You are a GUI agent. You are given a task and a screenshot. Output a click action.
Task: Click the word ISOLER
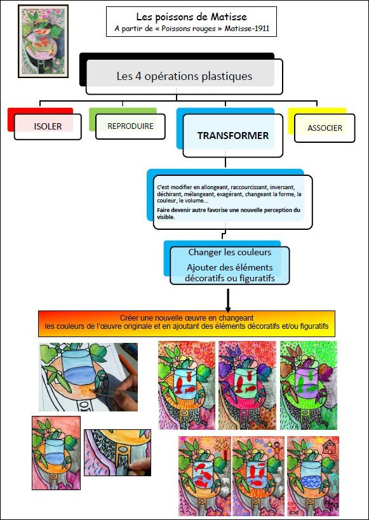pos(48,126)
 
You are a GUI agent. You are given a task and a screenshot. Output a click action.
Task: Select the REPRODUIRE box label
pos(130,126)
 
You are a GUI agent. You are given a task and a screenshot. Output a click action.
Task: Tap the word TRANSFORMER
pos(233,136)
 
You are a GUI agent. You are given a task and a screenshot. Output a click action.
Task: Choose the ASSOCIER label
pos(325,128)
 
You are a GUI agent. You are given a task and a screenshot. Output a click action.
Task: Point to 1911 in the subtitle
pos(262,29)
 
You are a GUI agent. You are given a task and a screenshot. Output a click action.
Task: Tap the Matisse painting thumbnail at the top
pos(43,41)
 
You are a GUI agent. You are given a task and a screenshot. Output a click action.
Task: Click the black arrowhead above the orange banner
pos(228,307)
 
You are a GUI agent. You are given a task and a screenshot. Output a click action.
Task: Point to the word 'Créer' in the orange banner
pos(128,317)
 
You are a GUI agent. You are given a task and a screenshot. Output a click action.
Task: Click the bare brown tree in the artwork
pos(220,444)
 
